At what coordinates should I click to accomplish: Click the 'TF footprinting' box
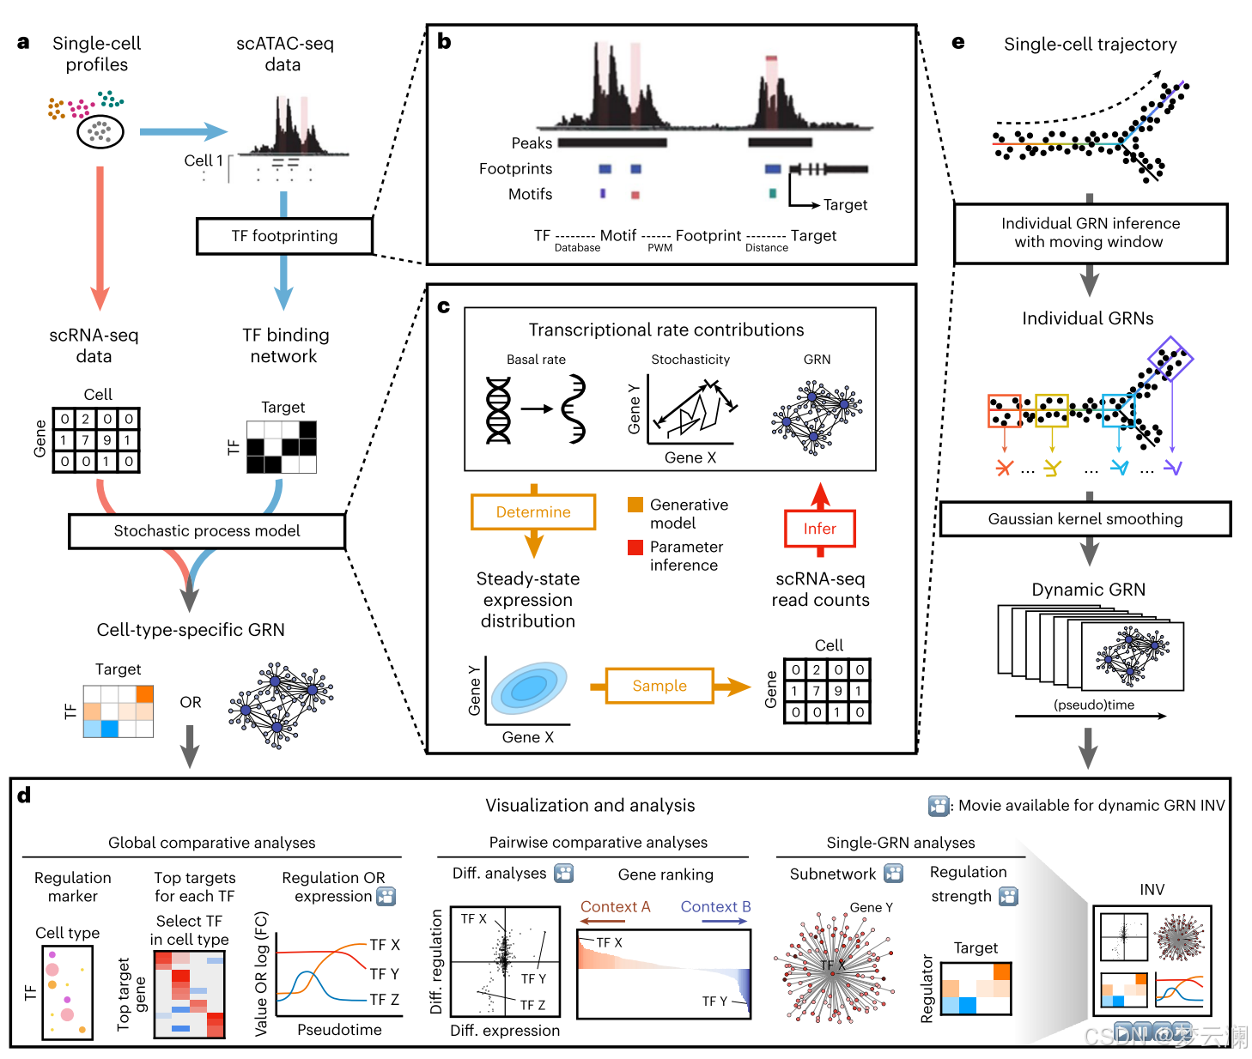[284, 236]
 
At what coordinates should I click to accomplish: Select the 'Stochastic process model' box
[207, 531]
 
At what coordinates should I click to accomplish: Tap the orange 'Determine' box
[533, 512]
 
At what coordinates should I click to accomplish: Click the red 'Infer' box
[819, 529]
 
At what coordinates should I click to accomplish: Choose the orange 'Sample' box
[659, 686]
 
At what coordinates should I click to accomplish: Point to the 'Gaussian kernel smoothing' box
[1085, 519]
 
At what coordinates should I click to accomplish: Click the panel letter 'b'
[444, 41]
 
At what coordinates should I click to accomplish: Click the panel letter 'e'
[958, 43]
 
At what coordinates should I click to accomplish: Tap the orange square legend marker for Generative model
[635, 505]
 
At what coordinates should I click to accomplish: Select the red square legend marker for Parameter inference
[635, 547]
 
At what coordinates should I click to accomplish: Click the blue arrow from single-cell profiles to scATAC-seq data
[183, 131]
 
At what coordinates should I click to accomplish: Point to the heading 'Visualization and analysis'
[590, 805]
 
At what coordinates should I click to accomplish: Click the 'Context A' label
[615, 907]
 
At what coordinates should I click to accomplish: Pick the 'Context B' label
[715, 907]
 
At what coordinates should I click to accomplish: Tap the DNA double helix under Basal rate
[498, 410]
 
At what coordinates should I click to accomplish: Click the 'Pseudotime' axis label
[339, 1030]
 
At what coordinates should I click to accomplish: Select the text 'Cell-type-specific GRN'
[191, 630]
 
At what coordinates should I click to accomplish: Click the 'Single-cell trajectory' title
[1090, 45]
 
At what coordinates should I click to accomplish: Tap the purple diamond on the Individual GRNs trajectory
[1170, 359]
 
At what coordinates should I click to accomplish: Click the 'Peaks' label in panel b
[532, 143]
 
